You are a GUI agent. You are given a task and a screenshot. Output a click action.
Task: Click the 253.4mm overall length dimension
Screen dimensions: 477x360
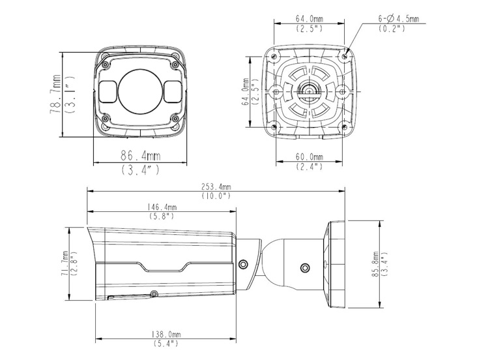coord(216,187)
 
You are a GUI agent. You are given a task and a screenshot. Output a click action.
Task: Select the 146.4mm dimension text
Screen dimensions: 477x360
coord(162,207)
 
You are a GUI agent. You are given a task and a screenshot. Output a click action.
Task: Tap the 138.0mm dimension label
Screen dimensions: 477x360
coord(166,335)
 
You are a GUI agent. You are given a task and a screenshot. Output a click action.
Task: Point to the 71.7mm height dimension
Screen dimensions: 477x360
coord(65,263)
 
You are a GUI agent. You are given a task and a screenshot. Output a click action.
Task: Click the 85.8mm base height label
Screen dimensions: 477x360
coord(375,263)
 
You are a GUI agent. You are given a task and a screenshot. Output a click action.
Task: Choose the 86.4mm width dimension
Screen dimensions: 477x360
coord(141,156)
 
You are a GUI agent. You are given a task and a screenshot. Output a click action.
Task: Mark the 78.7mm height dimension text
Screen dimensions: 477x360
coord(55,95)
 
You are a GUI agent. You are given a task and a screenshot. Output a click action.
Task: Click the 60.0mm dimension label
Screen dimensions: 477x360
coord(310,157)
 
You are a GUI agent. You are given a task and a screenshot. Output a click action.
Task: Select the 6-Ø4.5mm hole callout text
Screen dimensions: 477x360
coord(399,19)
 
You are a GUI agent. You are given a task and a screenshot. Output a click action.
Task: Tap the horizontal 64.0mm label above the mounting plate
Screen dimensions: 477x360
coord(310,18)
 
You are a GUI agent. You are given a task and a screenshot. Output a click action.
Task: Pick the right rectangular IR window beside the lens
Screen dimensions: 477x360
coord(173,91)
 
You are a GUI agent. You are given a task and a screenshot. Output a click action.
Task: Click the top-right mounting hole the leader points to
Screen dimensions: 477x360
coord(344,56)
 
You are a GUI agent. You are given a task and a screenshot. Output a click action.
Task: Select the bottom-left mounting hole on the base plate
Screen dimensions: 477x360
coord(274,127)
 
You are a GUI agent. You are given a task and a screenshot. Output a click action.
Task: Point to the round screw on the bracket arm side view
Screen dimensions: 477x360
coord(305,268)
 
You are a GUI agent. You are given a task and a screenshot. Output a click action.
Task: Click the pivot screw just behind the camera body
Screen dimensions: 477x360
coord(243,264)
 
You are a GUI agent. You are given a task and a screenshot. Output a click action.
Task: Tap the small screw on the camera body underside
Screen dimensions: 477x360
coord(154,293)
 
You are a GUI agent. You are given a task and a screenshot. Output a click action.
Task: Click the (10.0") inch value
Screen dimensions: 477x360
coord(216,196)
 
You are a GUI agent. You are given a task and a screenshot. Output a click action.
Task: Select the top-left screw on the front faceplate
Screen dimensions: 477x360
coord(106,65)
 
